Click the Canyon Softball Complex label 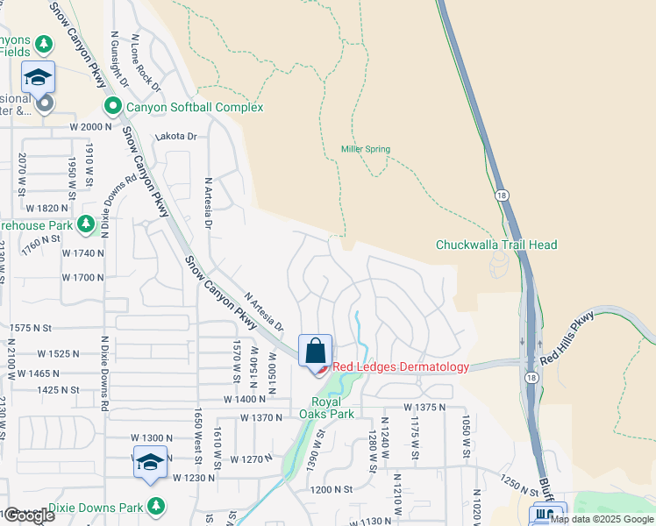click(x=195, y=107)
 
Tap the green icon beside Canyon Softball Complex click(x=112, y=107)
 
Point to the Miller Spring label click(x=366, y=150)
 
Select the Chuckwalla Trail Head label click(x=496, y=245)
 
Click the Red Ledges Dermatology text click(x=400, y=367)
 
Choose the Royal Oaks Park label click(x=326, y=408)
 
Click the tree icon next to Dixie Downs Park click(x=156, y=506)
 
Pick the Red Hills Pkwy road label click(x=567, y=338)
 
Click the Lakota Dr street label click(x=175, y=137)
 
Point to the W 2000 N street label click(x=91, y=127)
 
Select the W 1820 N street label click(x=47, y=208)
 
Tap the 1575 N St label click(x=32, y=328)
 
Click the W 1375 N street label click(x=426, y=408)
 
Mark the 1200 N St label click(x=331, y=489)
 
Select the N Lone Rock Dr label click(x=146, y=63)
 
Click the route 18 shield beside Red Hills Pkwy click(x=531, y=376)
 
